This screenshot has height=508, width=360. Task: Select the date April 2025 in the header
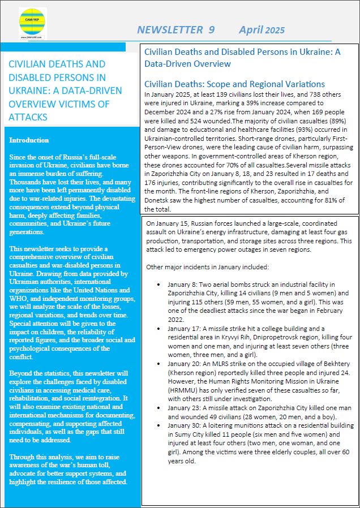(x=262, y=30)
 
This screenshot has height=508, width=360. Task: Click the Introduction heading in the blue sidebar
(x=29, y=140)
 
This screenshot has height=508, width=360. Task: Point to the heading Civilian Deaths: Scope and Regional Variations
(x=234, y=84)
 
